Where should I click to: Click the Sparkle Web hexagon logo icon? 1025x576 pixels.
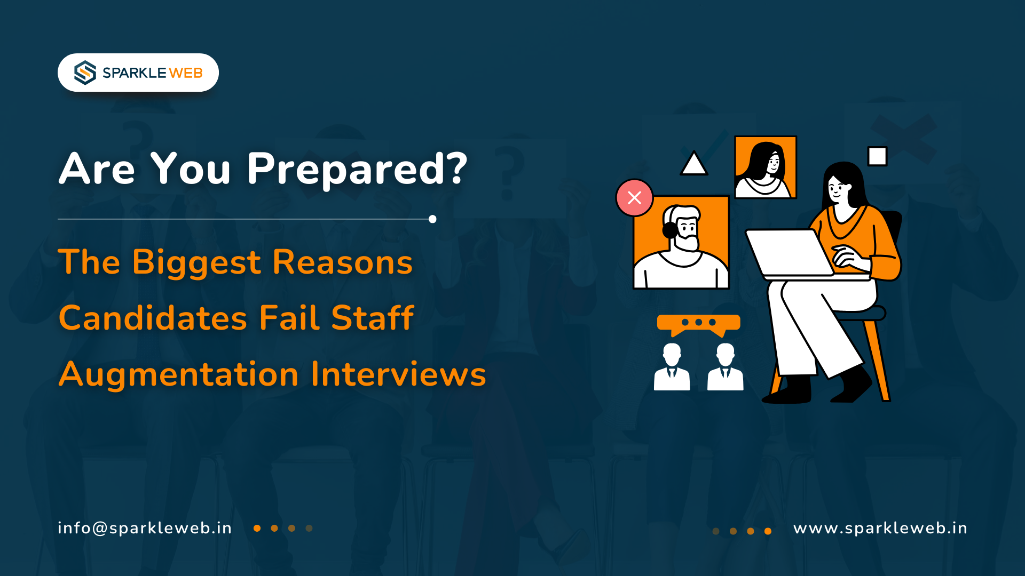point(85,73)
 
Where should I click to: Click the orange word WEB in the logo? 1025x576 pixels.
point(186,73)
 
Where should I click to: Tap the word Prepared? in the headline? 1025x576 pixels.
point(357,170)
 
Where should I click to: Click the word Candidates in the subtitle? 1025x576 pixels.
point(153,318)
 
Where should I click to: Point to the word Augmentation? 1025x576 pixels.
point(178,374)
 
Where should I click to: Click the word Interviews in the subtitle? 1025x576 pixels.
point(398,374)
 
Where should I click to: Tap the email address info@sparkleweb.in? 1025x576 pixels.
point(145,528)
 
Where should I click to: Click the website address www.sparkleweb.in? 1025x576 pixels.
point(880,528)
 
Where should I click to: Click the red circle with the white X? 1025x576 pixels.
point(634,198)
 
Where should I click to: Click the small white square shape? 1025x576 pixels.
point(877,157)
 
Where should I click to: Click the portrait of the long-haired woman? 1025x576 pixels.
point(765,167)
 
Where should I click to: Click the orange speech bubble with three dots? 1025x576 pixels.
point(698,323)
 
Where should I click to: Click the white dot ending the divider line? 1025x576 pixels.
point(432,219)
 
